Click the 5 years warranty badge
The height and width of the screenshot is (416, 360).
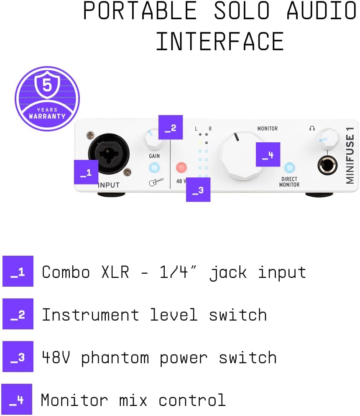pyautogui.click(x=47, y=98)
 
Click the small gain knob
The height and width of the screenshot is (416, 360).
pyautogui.click(x=154, y=139)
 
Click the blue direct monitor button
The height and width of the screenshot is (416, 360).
pyautogui.click(x=289, y=168)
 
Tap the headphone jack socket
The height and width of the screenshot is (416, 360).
pyautogui.click(x=327, y=165)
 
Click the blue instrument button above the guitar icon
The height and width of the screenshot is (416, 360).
pyautogui.click(x=155, y=168)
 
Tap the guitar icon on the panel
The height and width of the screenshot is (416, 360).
pyautogui.click(x=156, y=182)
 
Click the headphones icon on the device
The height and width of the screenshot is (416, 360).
pyautogui.click(x=312, y=128)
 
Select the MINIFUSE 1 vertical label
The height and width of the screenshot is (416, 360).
pyautogui.click(x=350, y=155)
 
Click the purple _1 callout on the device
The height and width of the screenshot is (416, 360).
pyautogui.click(x=86, y=172)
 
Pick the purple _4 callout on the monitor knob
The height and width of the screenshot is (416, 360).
pyautogui.click(x=268, y=154)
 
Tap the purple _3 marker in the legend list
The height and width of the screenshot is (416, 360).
pyautogui.click(x=18, y=357)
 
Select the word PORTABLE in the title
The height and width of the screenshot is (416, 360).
pyautogui.click(x=140, y=11)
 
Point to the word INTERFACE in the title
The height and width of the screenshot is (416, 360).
pyautogui.click(x=220, y=41)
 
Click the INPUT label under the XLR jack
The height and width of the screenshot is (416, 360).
pyautogui.click(x=109, y=185)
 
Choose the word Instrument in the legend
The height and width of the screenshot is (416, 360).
pyautogui.click(x=90, y=315)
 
